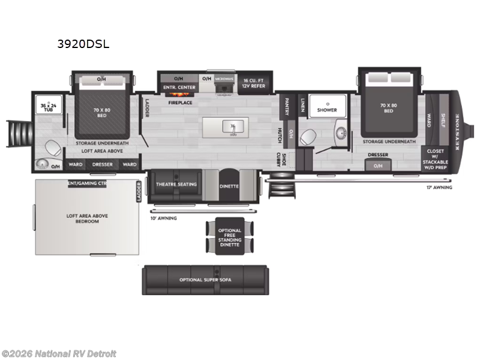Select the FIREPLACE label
coord(179,103)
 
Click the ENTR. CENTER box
coord(179,88)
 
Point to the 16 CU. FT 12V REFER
coord(254,83)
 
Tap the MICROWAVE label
coord(224,79)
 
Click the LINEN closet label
coord(303,105)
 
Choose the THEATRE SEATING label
coord(176,184)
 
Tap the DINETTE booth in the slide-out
coord(229,187)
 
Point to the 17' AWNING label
coord(440,188)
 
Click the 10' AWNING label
coord(164,218)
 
